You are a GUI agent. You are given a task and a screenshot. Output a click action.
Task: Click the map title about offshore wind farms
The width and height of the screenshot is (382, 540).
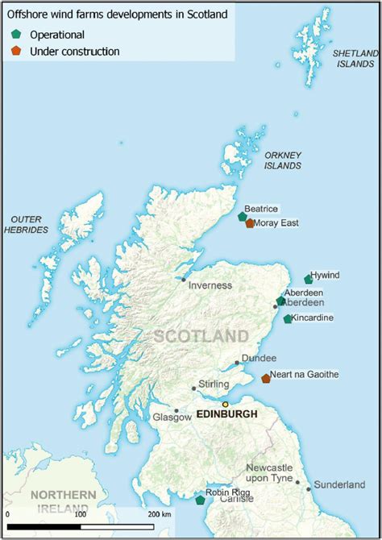click(x=117, y=14)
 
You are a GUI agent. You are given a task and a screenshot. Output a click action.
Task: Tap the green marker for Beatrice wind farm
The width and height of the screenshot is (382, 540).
click(x=243, y=216)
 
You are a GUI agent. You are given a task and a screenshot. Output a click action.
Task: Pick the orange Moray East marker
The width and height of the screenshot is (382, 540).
click(x=250, y=223)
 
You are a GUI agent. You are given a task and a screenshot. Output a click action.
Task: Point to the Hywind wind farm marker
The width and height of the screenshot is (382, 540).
click(x=308, y=279)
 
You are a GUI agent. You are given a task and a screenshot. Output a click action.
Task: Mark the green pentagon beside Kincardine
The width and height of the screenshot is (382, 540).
click(x=288, y=319)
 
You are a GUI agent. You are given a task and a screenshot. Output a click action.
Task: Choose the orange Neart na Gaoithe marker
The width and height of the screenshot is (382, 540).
click(x=266, y=378)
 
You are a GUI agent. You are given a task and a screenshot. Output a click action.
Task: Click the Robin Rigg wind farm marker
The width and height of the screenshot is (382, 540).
click(x=200, y=501)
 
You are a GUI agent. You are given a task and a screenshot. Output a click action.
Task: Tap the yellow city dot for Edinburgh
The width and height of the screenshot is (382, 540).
click(x=226, y=404)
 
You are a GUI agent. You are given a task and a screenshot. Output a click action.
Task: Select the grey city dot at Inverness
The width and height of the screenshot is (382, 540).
click(x=184, y=280)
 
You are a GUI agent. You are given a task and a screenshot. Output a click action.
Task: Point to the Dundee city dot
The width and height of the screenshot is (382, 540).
click(x=237, y=363)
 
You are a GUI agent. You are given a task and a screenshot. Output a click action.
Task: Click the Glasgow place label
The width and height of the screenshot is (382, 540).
click(x=172, y=417)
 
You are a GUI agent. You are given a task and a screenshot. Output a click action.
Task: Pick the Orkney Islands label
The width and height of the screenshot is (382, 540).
click(x=283, y=160)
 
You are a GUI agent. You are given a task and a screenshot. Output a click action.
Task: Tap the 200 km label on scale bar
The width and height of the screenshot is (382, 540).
click(x=160, y=513)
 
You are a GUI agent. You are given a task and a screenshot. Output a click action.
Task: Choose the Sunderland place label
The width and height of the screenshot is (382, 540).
click(x=339, y=484)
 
